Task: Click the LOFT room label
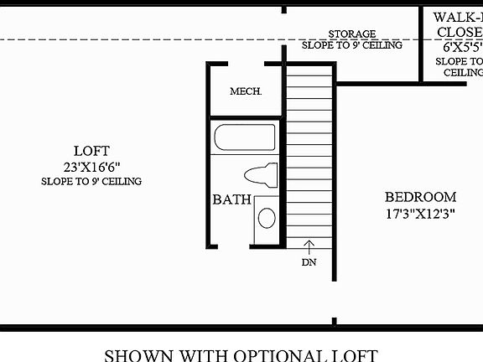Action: tap(91, 151)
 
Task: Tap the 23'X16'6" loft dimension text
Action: tap(91, 166)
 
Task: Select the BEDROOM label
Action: tap(420, 197)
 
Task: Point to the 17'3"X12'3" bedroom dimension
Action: tap(420, 213)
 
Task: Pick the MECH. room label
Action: tap(247, 91)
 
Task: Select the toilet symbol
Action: tap(261, 176)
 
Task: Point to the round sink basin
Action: tap(266, 219)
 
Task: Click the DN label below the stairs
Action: tap(308, 262)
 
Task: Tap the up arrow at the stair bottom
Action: tap(308, 246)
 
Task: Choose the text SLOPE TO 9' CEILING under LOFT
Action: tap(91, 181)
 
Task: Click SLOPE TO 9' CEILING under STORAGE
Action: tap(351, 46)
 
